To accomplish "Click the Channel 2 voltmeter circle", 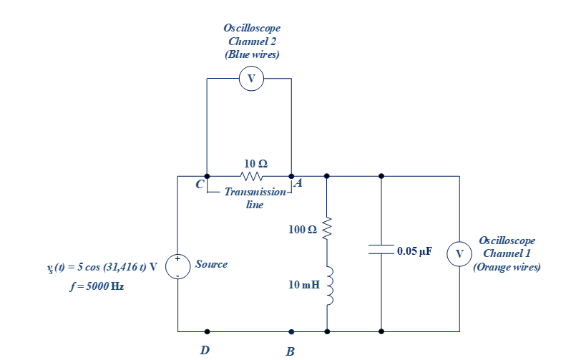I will [251, 78].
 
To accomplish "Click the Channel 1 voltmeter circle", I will [459, 253].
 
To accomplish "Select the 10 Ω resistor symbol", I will [252, 176].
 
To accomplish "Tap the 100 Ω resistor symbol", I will [327, 230].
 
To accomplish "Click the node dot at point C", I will [207, 176].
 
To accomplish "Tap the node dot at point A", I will [291, 176].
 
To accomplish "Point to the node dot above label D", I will [207, 331].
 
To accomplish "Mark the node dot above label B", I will [291, 331].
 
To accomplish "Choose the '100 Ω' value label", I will [302, 230].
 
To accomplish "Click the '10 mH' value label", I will [304, 285].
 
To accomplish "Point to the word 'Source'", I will [211, 264].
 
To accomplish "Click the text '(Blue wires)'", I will [252, 54].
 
